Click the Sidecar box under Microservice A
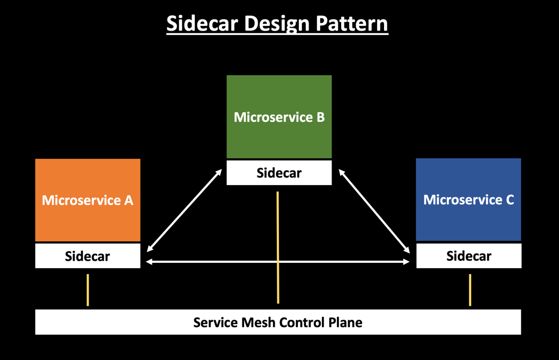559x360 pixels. coord(87,256)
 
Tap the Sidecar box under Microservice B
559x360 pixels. coord(279,173)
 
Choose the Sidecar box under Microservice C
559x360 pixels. coord(468,256)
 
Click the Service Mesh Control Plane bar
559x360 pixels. coord(278,322)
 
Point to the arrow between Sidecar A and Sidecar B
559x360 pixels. coord(185,210)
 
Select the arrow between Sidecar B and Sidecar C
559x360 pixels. coord(374,210)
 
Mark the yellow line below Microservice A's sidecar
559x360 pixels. coord(88,290)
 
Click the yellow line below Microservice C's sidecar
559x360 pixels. coord(470,290)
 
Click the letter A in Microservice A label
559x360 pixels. coord(128,200)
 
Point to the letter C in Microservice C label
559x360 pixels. coord(509,200)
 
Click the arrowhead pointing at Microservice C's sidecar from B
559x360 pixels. coord(407,250)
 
